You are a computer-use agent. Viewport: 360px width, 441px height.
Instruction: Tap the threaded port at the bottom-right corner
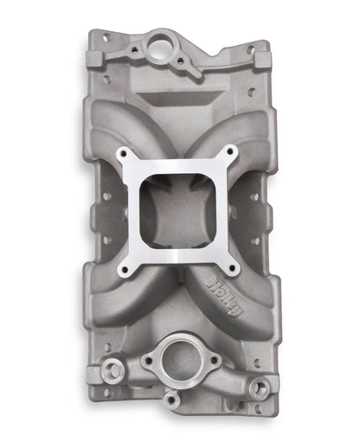257,388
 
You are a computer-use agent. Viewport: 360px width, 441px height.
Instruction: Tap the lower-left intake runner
130,294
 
